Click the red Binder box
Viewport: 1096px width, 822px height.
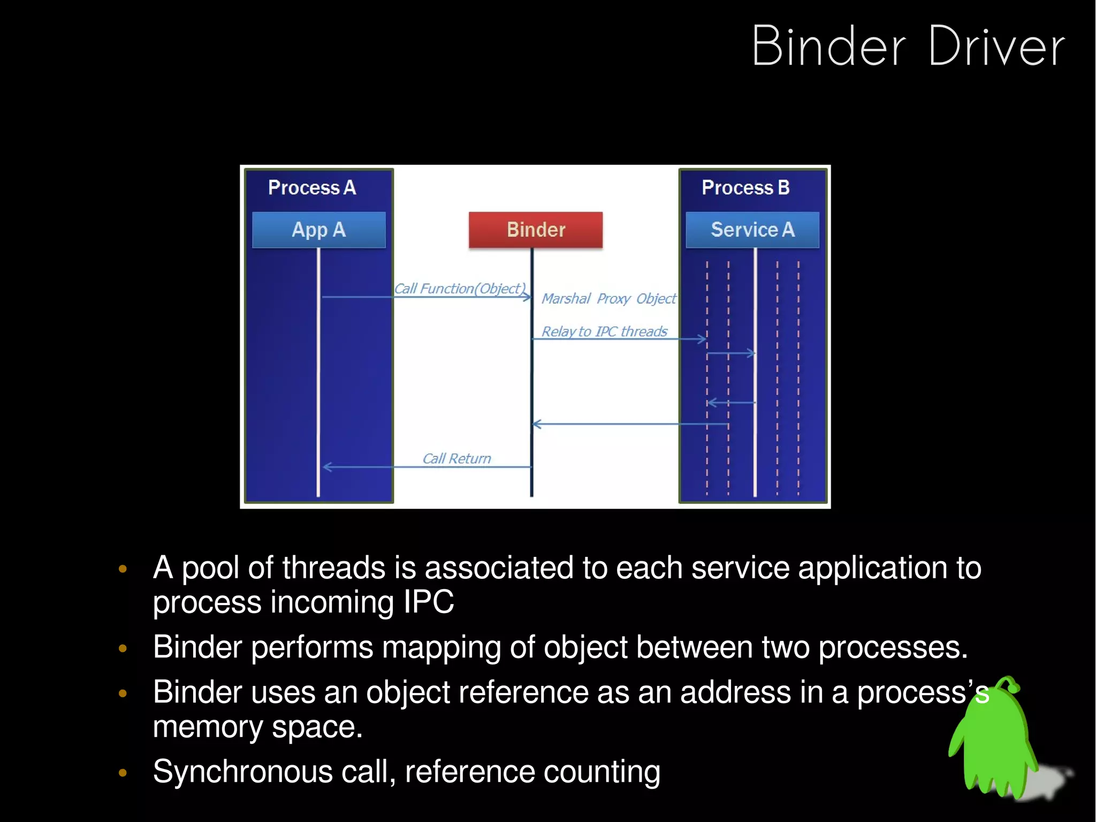click(x=535, y=230)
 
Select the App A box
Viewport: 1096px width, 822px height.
click(x=318, y=230)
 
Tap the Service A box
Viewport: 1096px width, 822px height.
click(x=752, y=230)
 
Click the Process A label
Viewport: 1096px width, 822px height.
click(x=312, y=187)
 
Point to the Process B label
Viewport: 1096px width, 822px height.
click(x=745, y=187)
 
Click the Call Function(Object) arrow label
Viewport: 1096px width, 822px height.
click(x=460, y=289)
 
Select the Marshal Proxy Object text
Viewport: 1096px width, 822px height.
click(x=608, y=298)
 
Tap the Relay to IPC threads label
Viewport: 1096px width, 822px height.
click(x=604, y=331)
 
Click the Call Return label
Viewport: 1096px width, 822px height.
click(x=456, y=458)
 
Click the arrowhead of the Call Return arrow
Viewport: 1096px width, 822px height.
click(x=326, y=467)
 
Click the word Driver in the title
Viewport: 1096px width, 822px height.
click(x=996, y=47)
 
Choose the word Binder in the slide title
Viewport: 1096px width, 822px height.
click(x=828, y=47)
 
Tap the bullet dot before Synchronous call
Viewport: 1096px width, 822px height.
click(x=123, y=772)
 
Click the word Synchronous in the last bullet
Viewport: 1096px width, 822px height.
click(x=242, y=772)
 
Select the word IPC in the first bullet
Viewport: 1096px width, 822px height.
click(x=428, y=602)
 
